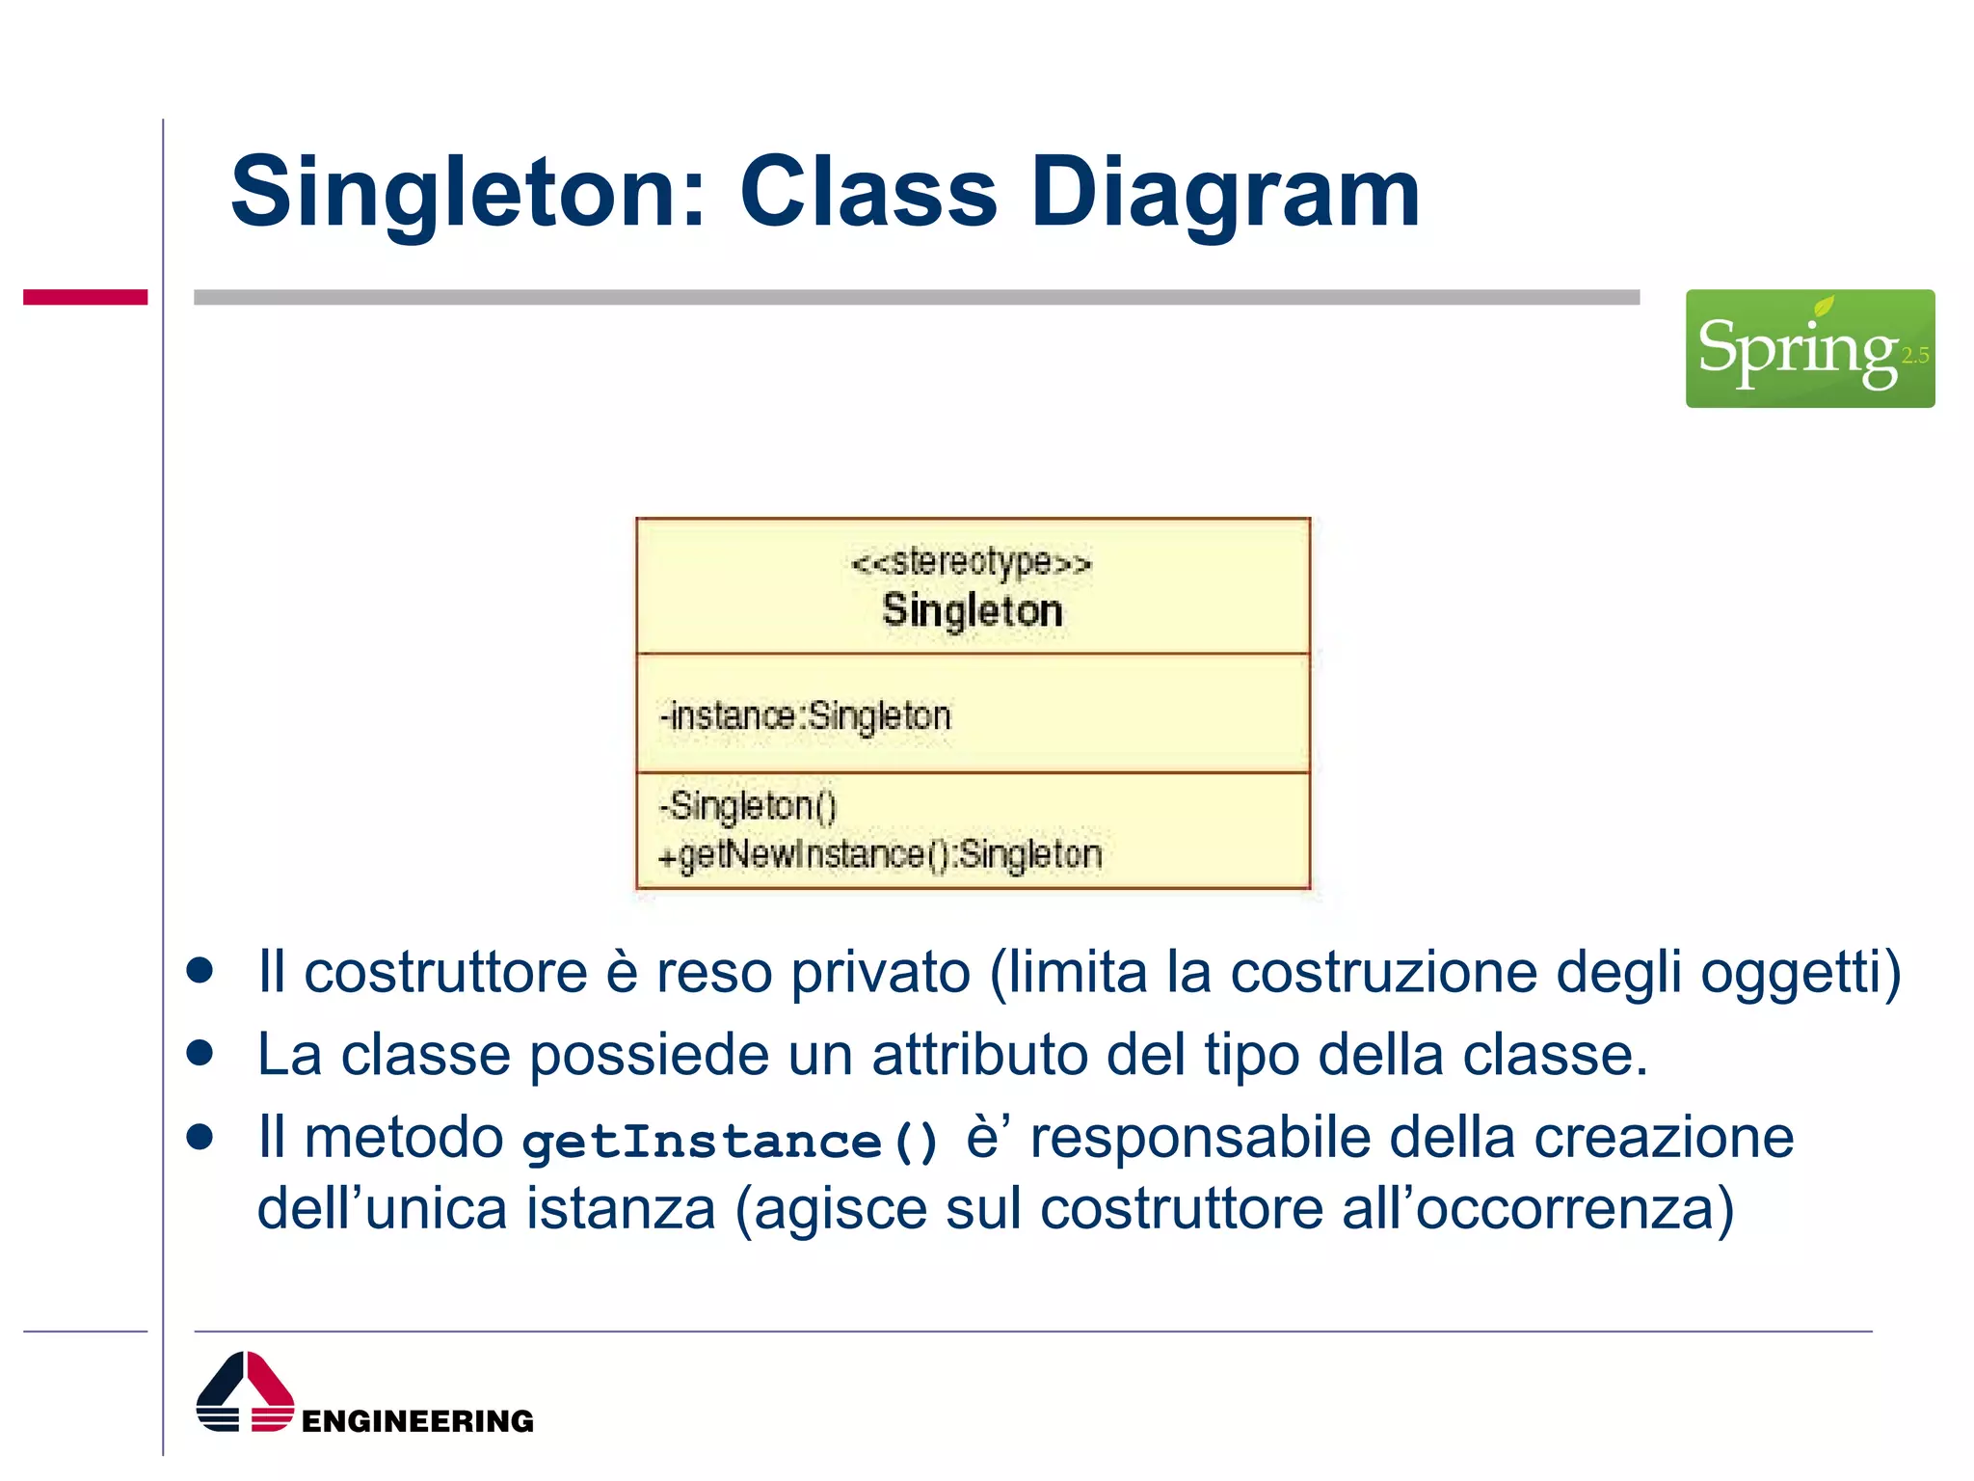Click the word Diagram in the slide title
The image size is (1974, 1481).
1225,193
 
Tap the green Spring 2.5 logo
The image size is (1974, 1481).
1809,348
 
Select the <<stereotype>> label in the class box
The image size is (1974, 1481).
972,561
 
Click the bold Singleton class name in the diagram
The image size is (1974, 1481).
972,610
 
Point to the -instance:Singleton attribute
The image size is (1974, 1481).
806,715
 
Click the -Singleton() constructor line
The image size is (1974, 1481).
748,805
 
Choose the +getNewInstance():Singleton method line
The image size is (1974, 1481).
880,854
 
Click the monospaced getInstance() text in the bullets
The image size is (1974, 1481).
730,1142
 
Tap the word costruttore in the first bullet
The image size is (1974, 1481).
445,972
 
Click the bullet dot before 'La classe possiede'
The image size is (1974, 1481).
200,1052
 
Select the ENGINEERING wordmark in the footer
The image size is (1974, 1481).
417,1421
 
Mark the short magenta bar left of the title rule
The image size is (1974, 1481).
85,297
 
